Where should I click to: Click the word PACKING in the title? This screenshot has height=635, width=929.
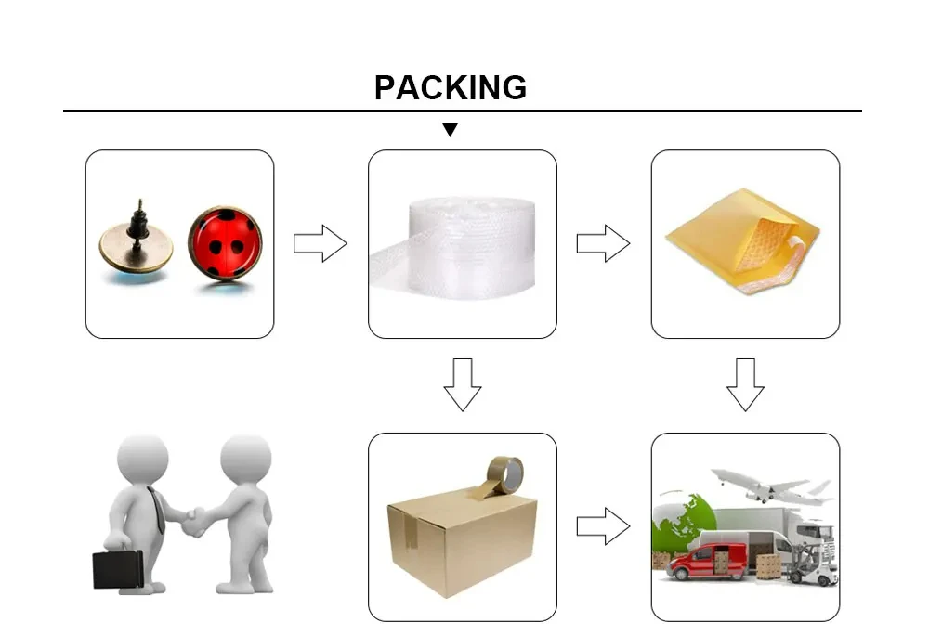pos(451,87)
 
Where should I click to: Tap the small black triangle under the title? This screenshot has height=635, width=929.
pos(451,130)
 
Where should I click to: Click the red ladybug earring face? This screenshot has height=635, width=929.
pos(225,243)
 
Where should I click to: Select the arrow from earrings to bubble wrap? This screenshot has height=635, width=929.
pos(321,243)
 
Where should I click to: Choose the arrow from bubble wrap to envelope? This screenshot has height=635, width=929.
pos(603,243)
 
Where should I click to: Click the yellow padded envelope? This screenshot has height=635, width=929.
pos(743,240)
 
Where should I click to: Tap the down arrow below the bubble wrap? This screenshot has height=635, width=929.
pos(462,384)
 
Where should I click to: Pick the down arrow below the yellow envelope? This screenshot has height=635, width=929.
pos(745,384)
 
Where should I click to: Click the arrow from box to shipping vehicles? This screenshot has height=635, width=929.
pos(603,526)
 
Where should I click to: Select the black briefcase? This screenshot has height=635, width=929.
pos(119,568)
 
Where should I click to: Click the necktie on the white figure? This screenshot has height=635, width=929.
pos(157,509)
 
